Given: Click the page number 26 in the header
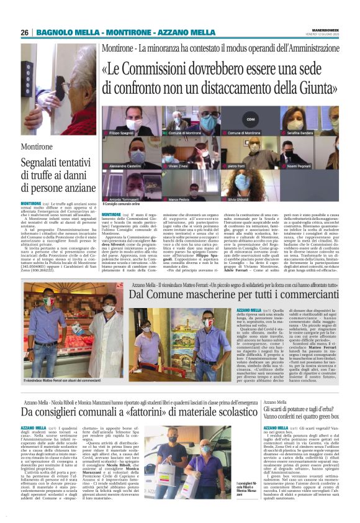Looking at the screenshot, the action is [25, 32].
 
